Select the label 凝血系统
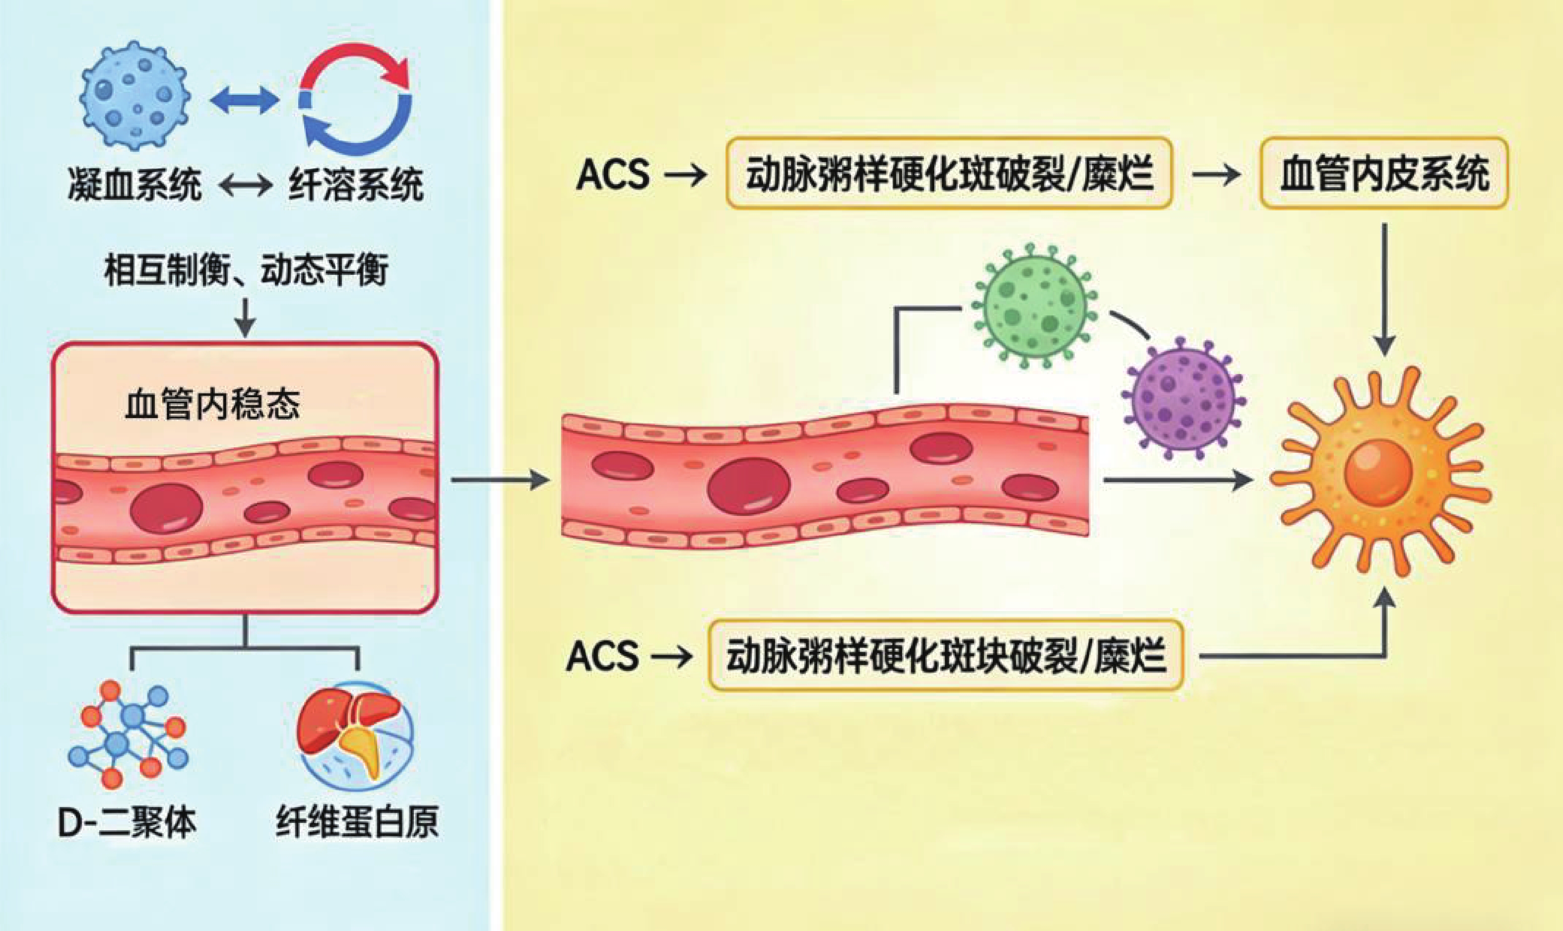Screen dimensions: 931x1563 click(x=135, y=185)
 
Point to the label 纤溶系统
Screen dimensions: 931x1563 click(x=356, y=185)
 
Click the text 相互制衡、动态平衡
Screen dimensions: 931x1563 click(x=246, y=270)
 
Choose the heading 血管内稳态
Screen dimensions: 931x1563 click(x=212, y=405)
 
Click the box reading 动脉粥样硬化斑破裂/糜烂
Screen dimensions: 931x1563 click(x=948, y=173)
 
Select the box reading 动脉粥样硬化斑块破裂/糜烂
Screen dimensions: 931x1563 click(x=946, y=656)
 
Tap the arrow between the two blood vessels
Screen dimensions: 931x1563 click(x=500, y=481)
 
